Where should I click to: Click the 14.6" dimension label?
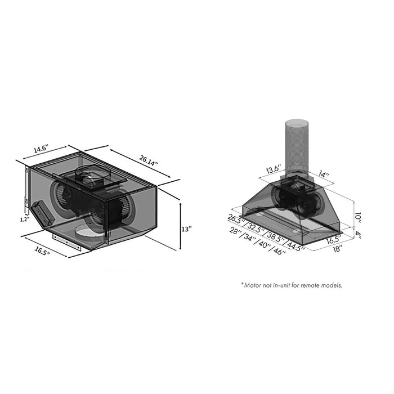coord(41,149)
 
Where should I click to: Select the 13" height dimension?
coord(186,229)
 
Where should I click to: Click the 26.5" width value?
coord(236,220)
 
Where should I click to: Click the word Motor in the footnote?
coord(254,285)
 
